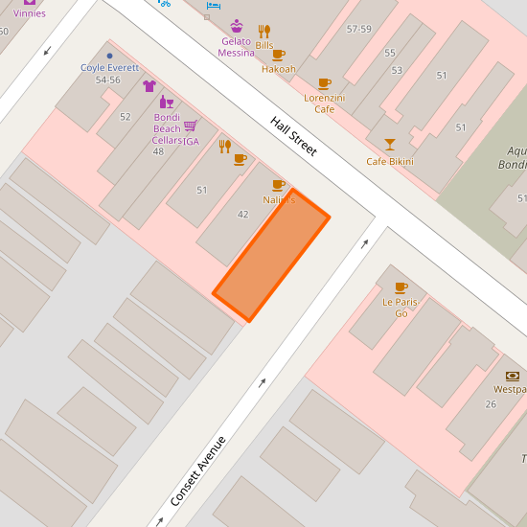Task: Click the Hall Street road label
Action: (293, 137)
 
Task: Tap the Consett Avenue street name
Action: (198, 471)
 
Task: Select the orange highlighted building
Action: (271, 254)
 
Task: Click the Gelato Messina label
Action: (236, 47)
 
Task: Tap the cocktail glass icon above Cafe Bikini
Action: (389, 145)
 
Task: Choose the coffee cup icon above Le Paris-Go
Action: (401, 286)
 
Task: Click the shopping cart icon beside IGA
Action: (190, 126)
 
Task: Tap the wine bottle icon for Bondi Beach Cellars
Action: (166, 102)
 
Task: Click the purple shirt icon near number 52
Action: (149, 85)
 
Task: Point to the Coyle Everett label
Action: (109, 68)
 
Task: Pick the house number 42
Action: (242, 214)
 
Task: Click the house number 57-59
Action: (358, 30)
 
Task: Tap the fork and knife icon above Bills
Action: (264, 31)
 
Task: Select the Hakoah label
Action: (278, 69)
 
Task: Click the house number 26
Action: (491, 403)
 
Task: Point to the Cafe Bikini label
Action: (390, 161)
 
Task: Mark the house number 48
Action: (158, 151)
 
